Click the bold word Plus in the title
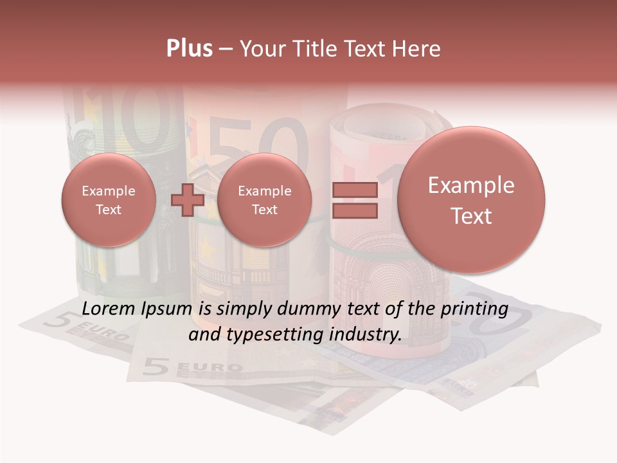click(189, 49)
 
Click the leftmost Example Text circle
click(108, 200)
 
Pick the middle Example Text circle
click(264, 200)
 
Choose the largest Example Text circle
click(471, 200)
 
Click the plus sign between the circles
click(187, 200)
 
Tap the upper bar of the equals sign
click(354, 190)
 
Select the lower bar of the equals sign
click(354, 210)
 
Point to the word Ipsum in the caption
click(168, 309)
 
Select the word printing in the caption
click(474, 309)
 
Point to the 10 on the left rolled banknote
click(129, 119)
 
